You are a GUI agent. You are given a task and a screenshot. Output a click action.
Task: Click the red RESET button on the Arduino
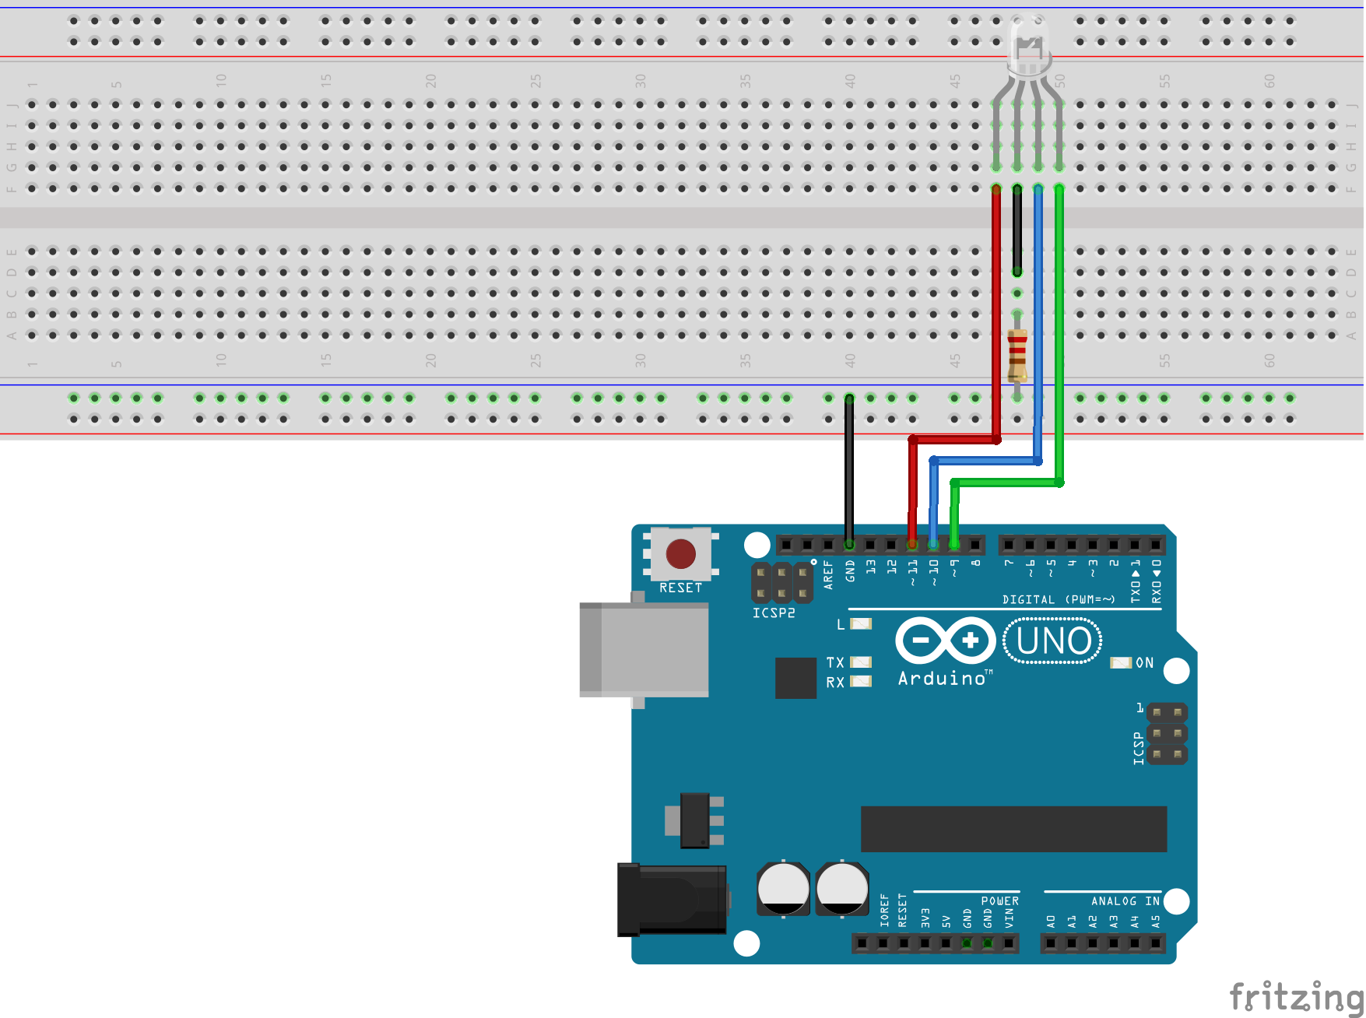tap(680, 554)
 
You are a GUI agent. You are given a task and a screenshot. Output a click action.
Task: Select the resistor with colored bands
tap(1017, 356)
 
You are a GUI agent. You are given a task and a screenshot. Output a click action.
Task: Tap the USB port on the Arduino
tap(644, 649)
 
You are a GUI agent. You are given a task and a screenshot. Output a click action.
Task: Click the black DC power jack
tap(671, 899)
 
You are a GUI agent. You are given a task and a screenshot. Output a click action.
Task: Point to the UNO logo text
tap(1053, 641)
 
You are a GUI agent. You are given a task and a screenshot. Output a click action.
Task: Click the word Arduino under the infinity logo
tap(942, 679)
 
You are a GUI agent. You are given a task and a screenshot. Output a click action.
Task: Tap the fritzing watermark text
tap(1295, 996)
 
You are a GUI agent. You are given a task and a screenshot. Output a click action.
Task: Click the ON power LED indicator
tap(1120, 662)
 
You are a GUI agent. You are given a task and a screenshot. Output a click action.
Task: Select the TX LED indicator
tap(860, 662)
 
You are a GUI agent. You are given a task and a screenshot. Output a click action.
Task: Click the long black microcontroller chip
tap(1013, 829)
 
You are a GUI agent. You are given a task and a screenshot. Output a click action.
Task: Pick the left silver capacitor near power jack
tap(783, 888)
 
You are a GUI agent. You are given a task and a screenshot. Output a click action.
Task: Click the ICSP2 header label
tap(774, 613)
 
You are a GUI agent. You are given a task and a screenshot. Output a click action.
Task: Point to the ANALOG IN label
tap(1125, 900)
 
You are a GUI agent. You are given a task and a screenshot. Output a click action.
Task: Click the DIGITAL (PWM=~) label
tap(1059, 599)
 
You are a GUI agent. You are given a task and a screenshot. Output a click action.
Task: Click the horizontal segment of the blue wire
tap(985, 461)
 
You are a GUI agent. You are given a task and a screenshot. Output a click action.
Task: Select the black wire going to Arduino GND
tap(849, 467)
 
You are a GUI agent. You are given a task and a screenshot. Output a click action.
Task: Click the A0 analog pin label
tap(1051, 921)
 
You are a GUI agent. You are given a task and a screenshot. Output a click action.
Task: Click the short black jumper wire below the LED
tap(1017, 230)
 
